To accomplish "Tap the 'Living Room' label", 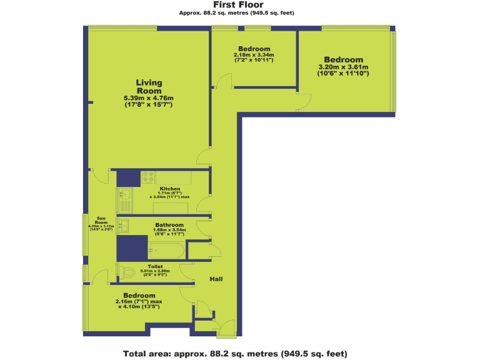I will pos(149,86).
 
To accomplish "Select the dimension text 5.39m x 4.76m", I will pos(149,98).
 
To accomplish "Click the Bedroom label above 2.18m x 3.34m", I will pos(254,49).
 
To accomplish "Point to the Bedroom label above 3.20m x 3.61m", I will pos(343,60).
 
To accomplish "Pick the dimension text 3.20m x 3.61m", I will pos(343,67).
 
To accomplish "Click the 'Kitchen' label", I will pos(169,189).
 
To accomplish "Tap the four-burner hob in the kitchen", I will pos(148,177).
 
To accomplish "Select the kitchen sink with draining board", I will pos(123,200).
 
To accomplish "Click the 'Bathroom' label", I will pos(169,224).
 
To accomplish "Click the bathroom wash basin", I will pos(123,225).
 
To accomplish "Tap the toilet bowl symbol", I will pos(128,273).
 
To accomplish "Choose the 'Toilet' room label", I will pos(155,266).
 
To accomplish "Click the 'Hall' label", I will pos(216,279).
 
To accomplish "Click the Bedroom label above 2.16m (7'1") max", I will pos(139,295).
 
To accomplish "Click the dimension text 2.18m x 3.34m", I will pos(254,55).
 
